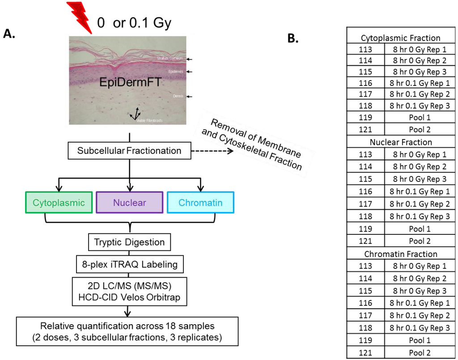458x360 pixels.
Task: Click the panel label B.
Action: click(x=293, y=39)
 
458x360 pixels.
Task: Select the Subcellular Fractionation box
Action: click(x=129, y=151)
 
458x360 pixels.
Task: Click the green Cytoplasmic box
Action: click(x=59, y=203)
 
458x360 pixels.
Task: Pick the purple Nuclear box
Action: click(x=129, y=203)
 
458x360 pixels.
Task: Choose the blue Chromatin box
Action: click(x=200, y=203)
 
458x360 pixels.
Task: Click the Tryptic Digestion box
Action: click(x=129, y=243)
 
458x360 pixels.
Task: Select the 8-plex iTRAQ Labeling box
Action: click(x=129, y=264)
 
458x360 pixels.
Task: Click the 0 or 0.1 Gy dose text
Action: click(x=134, y=23)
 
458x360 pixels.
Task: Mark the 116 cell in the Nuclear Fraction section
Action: click(x=366, y=191)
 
